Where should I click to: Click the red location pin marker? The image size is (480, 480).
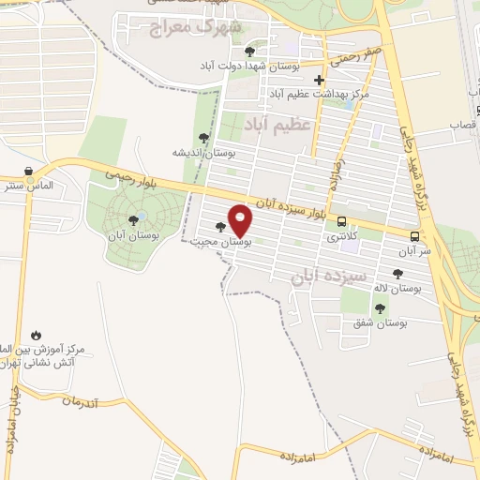click(240, 219)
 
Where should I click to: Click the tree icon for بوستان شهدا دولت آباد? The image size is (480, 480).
click(248, 52)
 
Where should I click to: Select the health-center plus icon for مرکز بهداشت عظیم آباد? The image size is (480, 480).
click(320, 81)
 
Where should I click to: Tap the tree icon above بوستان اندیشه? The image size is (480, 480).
click(203, 138)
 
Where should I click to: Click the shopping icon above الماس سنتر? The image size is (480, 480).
click(28, 172)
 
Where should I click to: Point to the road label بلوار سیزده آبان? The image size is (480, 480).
click(294, 208)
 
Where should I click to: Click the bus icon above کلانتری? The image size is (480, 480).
click(341, 222)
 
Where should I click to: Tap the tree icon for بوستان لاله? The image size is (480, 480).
click(397, 274)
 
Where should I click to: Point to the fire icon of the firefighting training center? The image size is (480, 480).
click(36, 335)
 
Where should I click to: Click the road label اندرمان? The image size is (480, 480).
click(81, 400)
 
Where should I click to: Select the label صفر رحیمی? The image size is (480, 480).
click(361, 53)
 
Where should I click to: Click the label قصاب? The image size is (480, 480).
click(463, 124)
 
